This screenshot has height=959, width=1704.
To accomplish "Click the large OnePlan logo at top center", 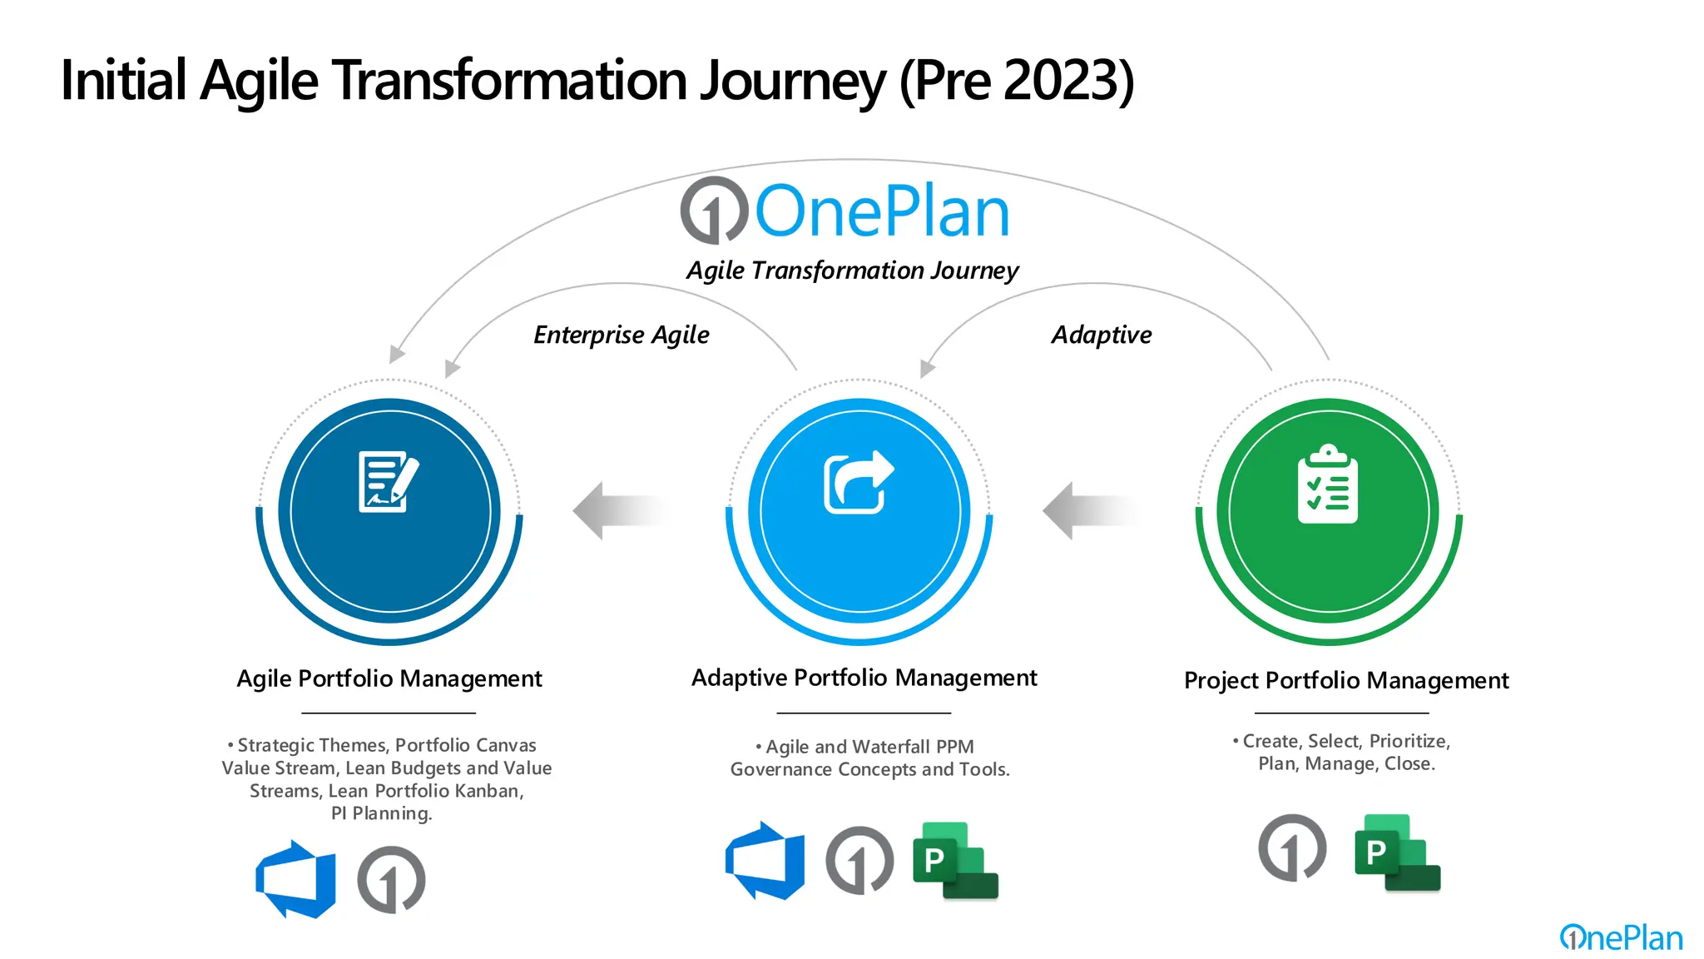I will (845, 211).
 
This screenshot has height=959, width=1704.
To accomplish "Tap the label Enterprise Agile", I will (621, 335).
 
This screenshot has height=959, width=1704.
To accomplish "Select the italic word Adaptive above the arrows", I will (1101, 335).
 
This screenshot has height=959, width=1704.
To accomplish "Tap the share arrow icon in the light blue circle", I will (858, 482).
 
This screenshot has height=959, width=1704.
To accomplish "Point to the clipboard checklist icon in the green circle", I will (1327, 484).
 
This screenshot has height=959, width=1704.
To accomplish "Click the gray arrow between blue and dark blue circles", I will (620, 510).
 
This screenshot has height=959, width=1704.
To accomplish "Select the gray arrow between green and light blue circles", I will (1090, 510).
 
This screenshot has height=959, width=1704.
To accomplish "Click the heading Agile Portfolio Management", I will (389, 678).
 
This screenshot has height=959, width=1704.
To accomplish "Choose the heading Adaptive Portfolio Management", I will (864, 678).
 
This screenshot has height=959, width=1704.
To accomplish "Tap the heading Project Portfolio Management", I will (1345, 680).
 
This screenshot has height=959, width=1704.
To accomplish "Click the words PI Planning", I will (381, 813).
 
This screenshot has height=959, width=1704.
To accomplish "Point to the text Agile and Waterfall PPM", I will (869, 747).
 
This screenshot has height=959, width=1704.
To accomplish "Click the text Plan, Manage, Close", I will (1346, 763).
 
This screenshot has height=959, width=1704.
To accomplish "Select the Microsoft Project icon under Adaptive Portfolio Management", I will (954, 861).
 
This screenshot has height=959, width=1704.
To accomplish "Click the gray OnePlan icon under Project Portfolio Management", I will (1291, 848).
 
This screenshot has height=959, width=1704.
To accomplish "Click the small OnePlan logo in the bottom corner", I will (1620, 938).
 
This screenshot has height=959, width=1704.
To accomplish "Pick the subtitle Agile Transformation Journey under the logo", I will (852, 271).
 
